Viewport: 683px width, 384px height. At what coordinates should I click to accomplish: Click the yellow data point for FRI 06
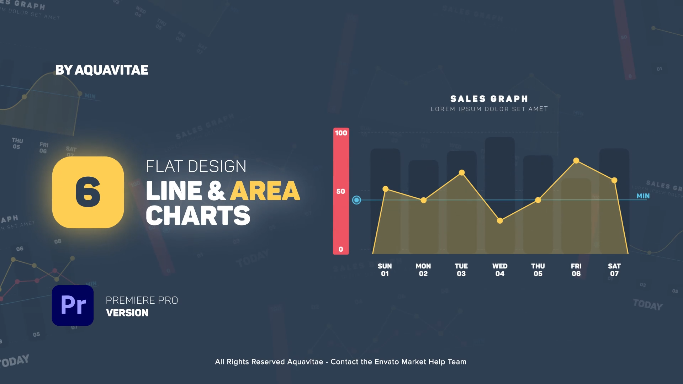click(x=576, y=161)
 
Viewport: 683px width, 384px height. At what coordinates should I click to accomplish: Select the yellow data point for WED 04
click(x=500, y=221)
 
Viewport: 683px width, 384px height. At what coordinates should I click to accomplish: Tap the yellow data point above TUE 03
click(x=462, y=173)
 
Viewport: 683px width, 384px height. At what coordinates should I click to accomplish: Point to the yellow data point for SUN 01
click(x=385, y=189)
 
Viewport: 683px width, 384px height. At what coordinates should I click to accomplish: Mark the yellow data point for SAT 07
click(x=614, y=181)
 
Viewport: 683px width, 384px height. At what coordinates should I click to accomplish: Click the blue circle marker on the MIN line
click(x=356, y=200)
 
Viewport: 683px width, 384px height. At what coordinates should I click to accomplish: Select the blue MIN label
click(x=643, y=196)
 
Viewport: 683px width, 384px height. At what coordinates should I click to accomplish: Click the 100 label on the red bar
click(x=341, y=133)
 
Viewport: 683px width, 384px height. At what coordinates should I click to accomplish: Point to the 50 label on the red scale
click(x=341, y=191)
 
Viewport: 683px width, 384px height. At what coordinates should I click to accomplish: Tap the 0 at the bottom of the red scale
click(x=341, y=249)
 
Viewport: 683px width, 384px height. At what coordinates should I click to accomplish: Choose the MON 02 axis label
click(x=423, y=270)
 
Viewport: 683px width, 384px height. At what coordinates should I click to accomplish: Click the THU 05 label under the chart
click(x=538, y=270)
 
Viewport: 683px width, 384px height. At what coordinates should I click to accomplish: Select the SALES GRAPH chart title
click(x=489, y=99)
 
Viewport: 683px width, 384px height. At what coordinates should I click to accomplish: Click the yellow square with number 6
click(x=88, y=192)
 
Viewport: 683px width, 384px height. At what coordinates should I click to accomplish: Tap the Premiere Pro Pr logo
click(x=73, y=305)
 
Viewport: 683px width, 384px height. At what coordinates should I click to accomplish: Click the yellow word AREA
click(x=265, y=191)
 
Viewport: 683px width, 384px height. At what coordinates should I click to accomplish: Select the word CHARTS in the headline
click(x=198, y=216)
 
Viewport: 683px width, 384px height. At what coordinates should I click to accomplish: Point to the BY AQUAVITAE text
click(x=102, y=70)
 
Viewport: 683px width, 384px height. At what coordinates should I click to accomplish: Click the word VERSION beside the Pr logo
click(x=127, y=313)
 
